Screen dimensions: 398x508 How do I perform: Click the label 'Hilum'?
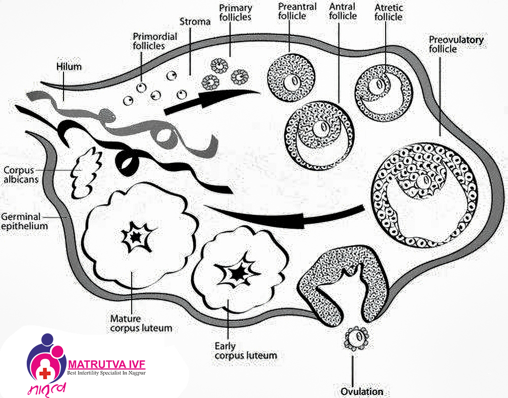click(x=69, y=67)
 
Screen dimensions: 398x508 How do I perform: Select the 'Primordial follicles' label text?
click(x=149, y=41)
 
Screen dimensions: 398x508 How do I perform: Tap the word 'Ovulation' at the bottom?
click(x=361, y=391)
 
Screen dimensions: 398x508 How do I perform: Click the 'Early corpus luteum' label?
click(x=245, y=351)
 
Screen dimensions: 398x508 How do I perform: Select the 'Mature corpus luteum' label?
click(x=141, y=323)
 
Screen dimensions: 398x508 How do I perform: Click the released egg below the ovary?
click(x=357, y=338)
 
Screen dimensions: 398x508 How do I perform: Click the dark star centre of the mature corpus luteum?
click(x=135, y=236)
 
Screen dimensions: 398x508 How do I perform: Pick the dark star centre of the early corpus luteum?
click(x=237, y=273)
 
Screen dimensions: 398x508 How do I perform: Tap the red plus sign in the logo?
click(x=45, y=373)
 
